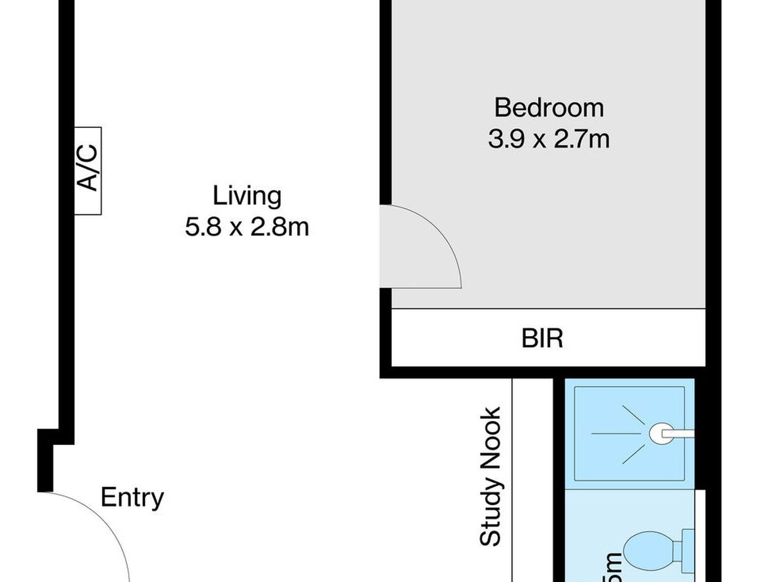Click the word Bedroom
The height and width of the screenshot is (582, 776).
[549, 108]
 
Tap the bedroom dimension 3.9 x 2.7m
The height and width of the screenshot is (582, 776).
[549, 139]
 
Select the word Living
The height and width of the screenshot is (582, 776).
[247, 196]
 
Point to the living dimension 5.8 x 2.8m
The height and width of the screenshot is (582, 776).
[247, 227]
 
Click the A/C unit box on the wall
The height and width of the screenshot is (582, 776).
[88, 171]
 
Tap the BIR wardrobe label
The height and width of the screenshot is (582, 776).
[542, 339]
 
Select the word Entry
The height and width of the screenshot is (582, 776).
[132, 497]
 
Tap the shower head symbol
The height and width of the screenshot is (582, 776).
[660, 433]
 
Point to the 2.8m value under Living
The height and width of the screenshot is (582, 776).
[280, 227]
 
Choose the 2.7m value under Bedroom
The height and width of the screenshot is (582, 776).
[582, 139]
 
